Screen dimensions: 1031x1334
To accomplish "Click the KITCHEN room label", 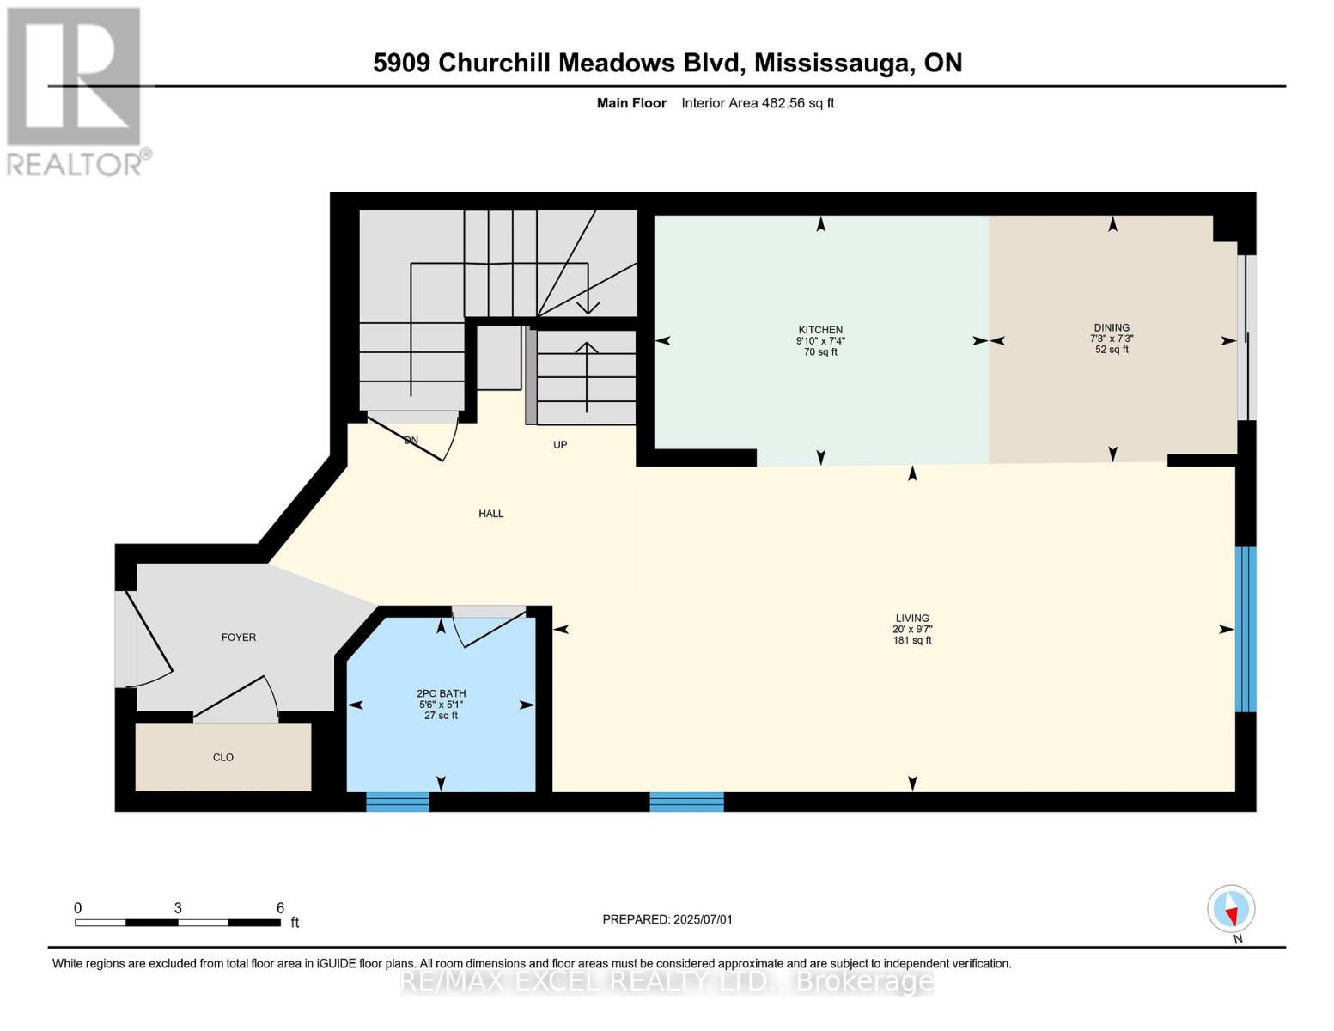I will click(820, 330).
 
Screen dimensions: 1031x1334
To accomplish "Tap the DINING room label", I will click(1112, 327).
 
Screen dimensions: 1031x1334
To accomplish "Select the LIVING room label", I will click(912, 618).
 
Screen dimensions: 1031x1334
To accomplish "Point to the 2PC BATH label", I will click(441, 693).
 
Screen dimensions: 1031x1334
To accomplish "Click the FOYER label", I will click(239, 638).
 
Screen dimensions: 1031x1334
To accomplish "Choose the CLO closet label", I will click(223, 758).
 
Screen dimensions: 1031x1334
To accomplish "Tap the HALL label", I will click(491, 514).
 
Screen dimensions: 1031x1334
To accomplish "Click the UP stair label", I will click(560, 445).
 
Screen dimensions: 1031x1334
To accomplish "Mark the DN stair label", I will click(411, 441).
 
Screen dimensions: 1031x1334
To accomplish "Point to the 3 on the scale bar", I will click(178, 908).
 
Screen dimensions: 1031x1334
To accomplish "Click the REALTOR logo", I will click(76, 91).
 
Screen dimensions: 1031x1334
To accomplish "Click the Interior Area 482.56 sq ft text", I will click(758, 103).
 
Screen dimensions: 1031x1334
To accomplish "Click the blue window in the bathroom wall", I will click(397, 802).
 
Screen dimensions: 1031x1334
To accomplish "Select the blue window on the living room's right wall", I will click(1246, 629).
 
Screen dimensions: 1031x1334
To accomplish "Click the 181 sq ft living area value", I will click(912, 640).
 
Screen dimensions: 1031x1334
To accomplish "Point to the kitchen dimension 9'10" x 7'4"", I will click(820, 341).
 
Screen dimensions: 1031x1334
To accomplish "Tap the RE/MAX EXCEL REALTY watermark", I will click(667, 981).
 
